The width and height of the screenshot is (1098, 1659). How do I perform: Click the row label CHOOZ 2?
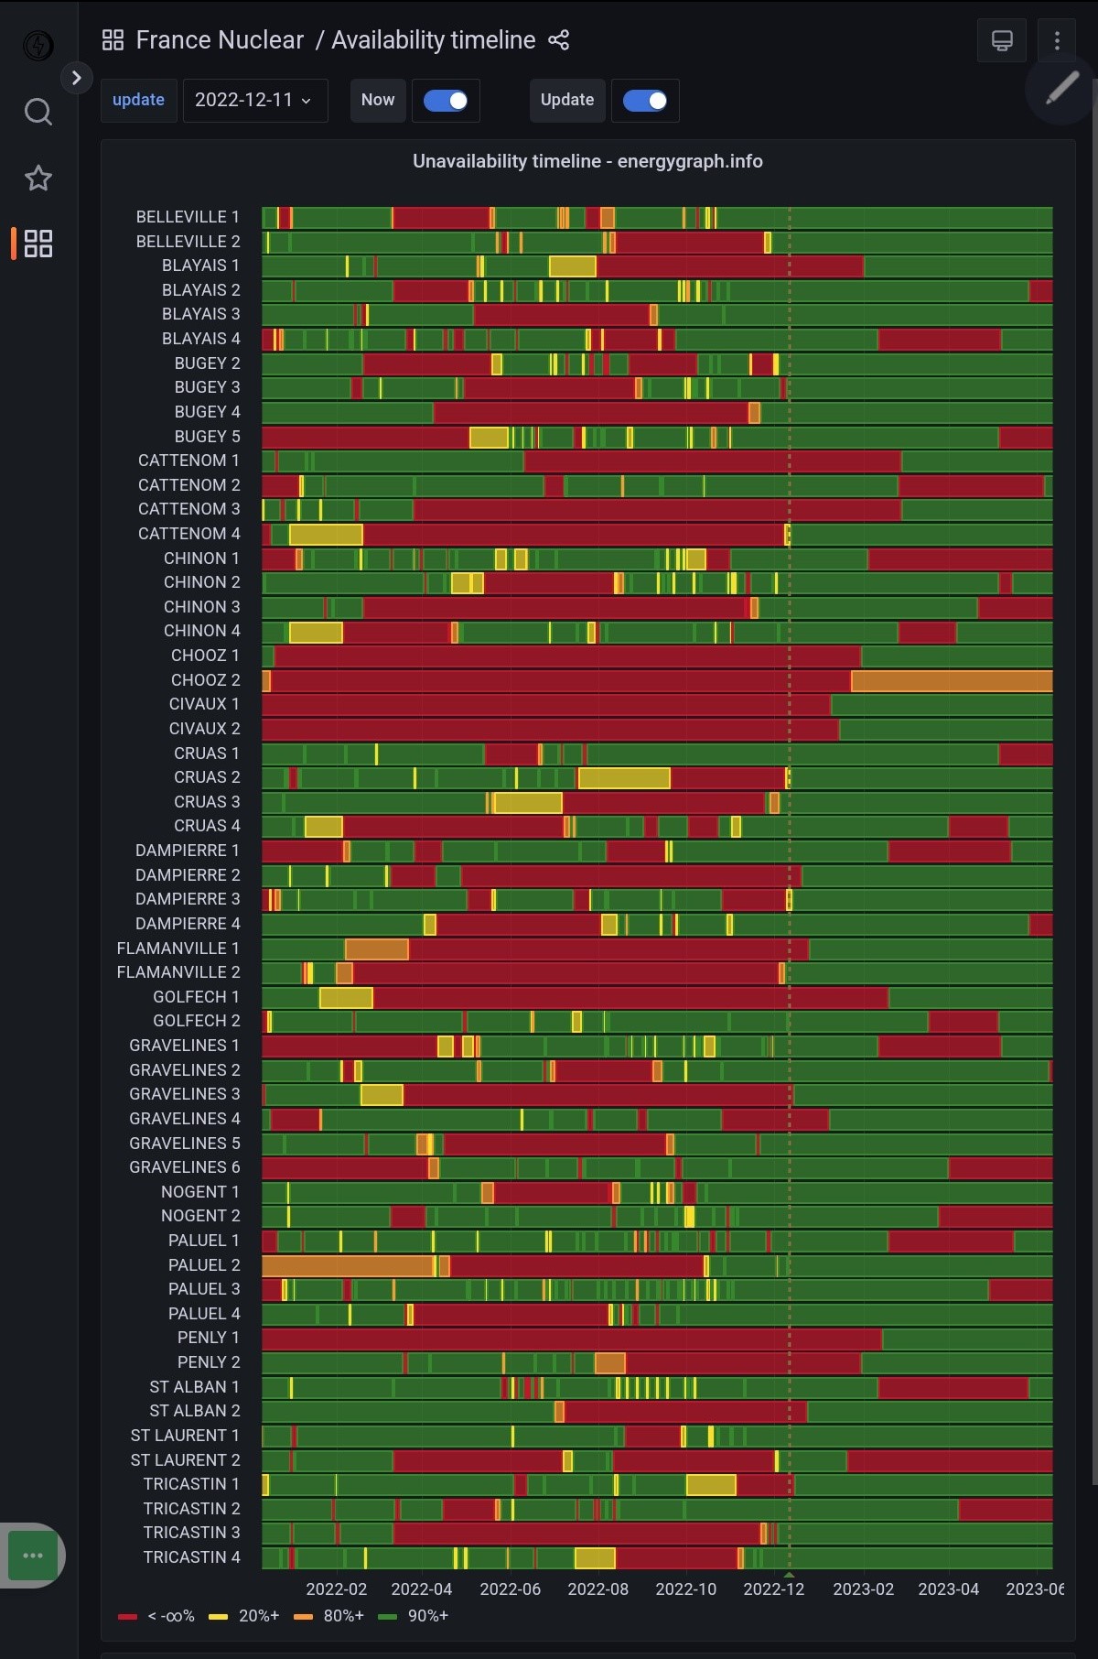(x=205, y=680)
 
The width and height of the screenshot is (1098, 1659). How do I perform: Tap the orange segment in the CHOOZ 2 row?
(x=951, y=680)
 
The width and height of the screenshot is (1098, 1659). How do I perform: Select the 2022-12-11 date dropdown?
(x=254, y=100)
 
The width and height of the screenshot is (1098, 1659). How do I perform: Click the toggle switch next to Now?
(x=446, y=101)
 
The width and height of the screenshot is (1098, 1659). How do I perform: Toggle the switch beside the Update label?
(x=645, y=101)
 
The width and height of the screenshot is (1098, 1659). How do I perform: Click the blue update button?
(x=138, y=100)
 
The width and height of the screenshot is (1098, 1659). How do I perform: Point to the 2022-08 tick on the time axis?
(x=597, y=1589)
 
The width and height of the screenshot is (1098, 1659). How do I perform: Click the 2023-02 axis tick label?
(x=863, y=1589)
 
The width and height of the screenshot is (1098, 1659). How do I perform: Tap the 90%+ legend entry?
(x=414, y=1616)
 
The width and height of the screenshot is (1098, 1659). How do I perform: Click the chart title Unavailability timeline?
(x=587, y=161)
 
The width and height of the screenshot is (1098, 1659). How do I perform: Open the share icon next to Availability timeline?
(x=558, y=40)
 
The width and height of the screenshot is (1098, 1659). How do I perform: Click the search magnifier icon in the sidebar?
(x=38, y=112)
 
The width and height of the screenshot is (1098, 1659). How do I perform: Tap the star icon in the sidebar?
(x=38, y=178)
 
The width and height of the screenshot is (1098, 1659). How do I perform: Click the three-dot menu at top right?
(x=1057, y=40)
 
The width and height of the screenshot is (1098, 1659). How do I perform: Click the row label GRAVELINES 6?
(x=184, y=1167)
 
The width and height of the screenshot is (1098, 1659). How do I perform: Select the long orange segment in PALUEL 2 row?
(x=347, y=1265)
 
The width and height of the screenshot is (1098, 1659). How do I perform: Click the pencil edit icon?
(x=1061, y=89)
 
